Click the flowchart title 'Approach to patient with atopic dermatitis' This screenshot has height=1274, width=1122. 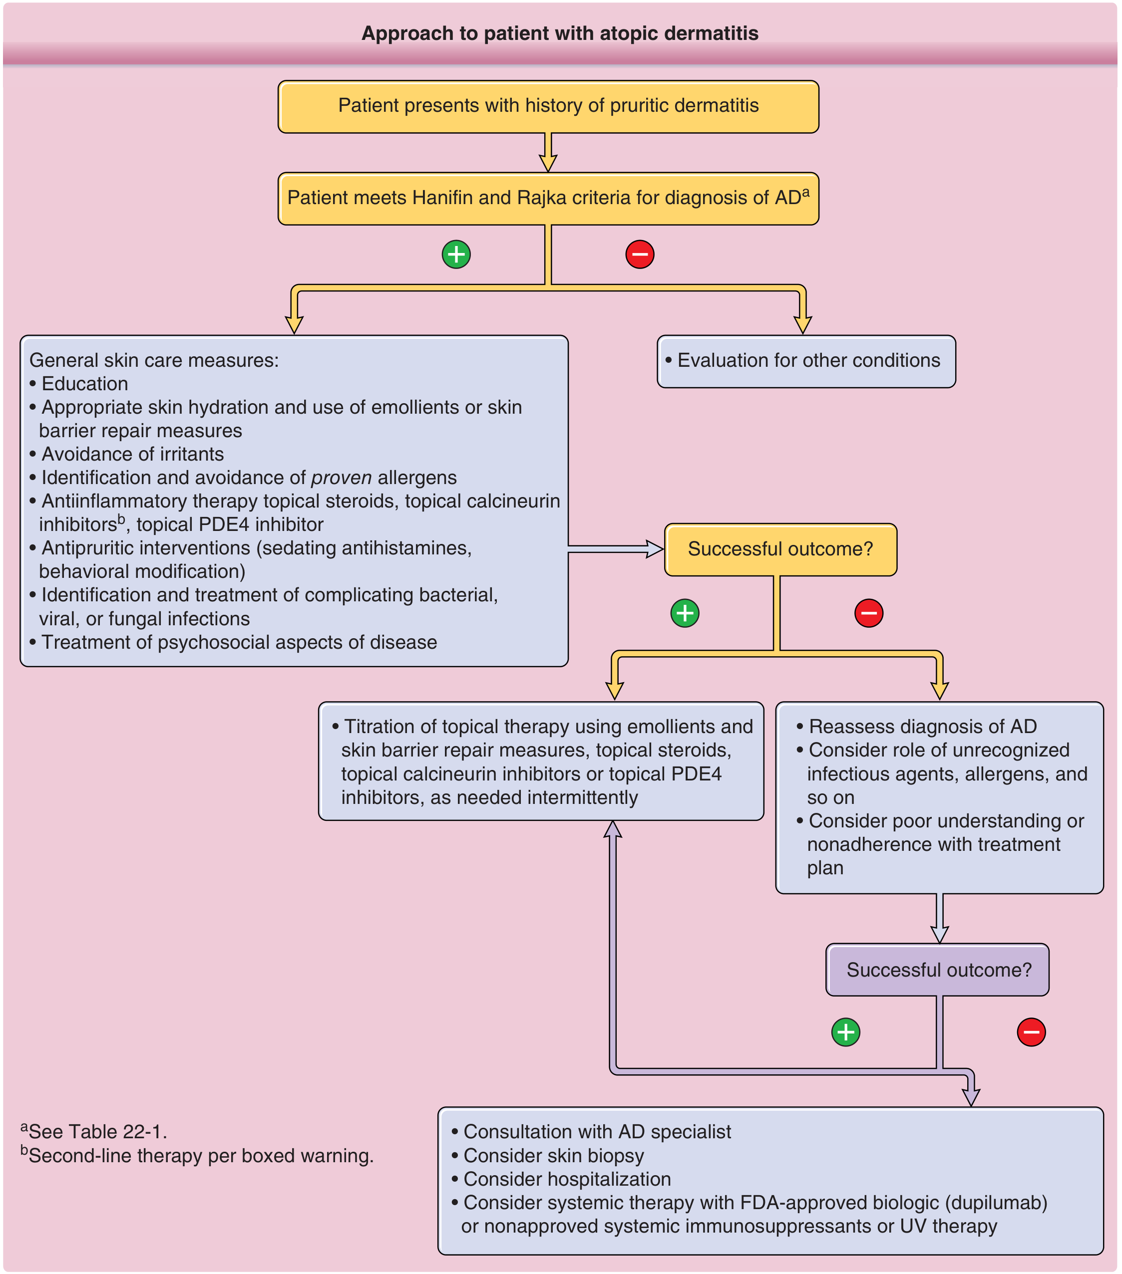point(560,33)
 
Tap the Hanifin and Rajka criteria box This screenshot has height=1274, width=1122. point(548,199)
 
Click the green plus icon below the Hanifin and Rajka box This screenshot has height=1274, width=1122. point(456,255)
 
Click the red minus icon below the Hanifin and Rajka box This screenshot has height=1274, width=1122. point(640,255)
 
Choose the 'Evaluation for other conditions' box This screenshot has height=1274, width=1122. point(806,361)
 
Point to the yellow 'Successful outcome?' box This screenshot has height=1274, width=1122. point(781,549)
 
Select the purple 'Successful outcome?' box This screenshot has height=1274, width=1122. point(937,970)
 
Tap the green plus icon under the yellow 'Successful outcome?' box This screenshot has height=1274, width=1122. point(685,613)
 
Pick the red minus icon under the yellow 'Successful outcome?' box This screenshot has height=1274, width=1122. point(869,613)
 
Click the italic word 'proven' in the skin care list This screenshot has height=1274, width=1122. point(341,478)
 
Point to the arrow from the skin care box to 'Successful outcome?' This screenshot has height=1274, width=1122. point(616,549)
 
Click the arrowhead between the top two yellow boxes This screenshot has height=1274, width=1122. point(548,163)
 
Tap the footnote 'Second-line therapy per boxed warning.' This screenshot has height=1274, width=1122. point(197,1155)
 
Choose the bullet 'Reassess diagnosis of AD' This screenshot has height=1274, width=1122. point(917,727)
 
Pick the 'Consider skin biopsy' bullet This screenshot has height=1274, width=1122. point(548,1156)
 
